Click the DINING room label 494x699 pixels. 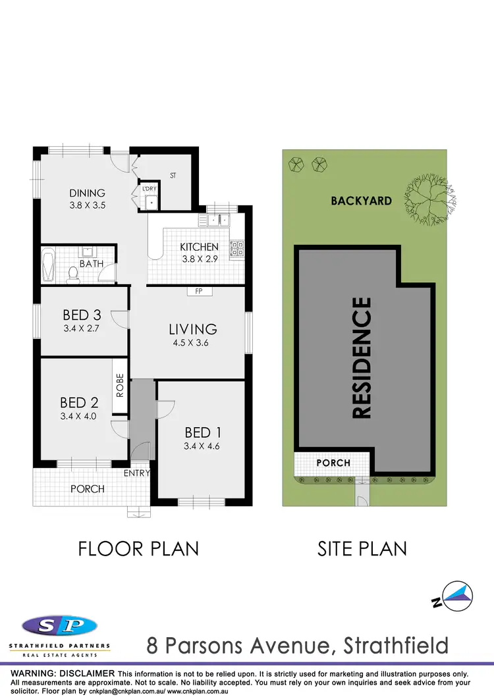coord(88,193)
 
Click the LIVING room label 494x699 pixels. coord(192,328)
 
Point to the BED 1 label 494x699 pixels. coord(202,432)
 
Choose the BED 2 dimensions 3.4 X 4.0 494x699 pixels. coord(78,415)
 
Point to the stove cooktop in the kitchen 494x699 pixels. coord(236,248)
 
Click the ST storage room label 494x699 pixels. coord(173,176)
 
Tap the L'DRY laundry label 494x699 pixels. coord(149,190)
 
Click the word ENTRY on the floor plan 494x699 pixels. coord(137,473)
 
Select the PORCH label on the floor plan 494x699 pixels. coord(88,488)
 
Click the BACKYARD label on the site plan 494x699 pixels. coord(361,201)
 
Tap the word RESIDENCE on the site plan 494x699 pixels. coord(362,358)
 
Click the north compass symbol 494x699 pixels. coord(456,596)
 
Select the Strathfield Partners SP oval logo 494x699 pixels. coord(60,625)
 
